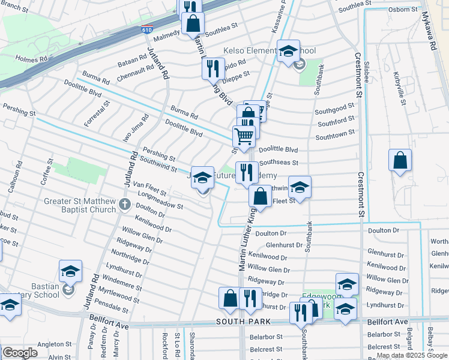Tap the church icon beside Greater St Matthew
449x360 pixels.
(x=124, y=205)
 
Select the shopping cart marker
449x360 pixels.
(x=244, y=137)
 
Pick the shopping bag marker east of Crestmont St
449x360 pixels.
(x=400, y=161)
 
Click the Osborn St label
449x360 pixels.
(x=404, y=8)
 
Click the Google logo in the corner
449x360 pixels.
(x=20, y=352)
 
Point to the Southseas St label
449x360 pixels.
(x=279, y=163)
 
